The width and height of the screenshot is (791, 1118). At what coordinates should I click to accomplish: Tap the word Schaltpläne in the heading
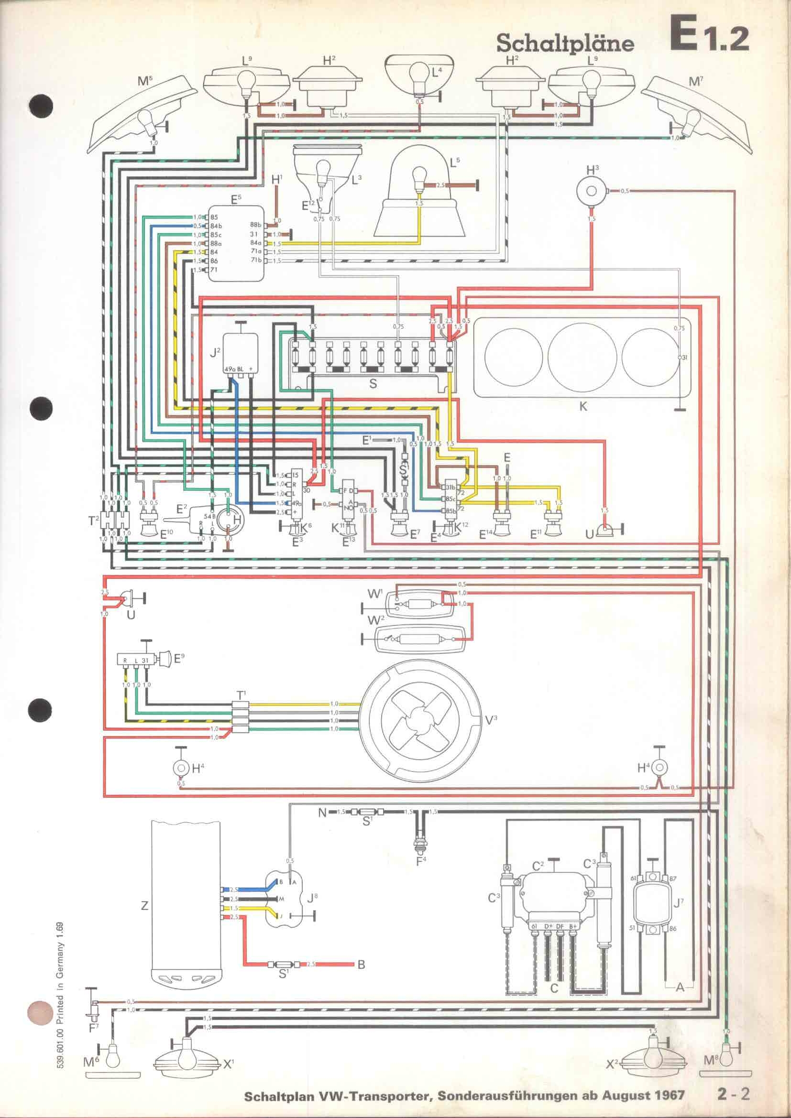click(x=565, y=44)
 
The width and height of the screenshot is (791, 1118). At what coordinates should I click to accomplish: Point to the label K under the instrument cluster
click(x=583, y=406)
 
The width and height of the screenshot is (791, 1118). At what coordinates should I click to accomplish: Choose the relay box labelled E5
click(x=237, y=243)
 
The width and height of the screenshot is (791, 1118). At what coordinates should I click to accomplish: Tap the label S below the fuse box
click(x=373, y=384)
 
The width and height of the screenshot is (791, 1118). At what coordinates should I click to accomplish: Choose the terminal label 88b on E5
click(x=256, y=225)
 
